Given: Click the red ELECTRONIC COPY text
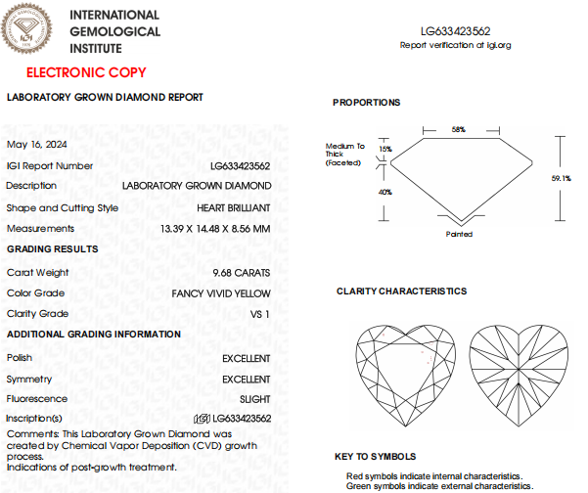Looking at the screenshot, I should (86, 72).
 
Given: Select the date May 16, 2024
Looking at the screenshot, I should (32, 144).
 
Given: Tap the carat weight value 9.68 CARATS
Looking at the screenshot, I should (242, 273).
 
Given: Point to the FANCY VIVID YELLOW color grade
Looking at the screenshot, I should (221, 293).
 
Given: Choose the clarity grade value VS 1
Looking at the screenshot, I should (260, 314).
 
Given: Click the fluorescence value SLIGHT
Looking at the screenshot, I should (255, 399).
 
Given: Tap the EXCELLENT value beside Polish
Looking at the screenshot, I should (247, 358).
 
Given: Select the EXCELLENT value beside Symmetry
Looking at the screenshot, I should (247, 379).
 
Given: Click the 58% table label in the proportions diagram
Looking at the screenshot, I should (458, 129).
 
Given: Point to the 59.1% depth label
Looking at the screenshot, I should (562, 178).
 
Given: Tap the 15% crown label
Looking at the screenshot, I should (384, 149).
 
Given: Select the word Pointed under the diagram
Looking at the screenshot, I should (459, 235).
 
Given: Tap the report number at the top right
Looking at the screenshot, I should (456, 31).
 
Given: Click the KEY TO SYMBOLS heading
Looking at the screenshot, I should (375, 456).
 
